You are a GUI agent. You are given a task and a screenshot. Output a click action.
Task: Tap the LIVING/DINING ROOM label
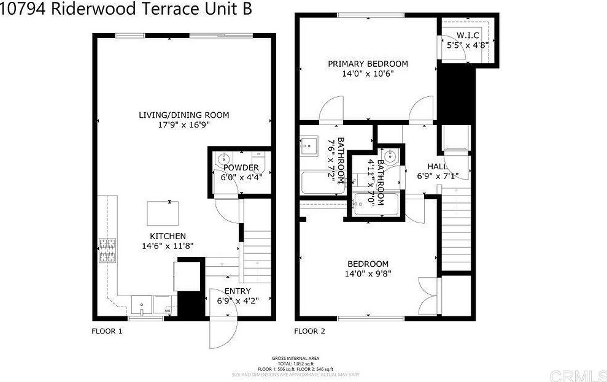[x=183, y=115]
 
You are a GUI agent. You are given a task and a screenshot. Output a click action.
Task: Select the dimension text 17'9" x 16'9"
[x=183, y=125]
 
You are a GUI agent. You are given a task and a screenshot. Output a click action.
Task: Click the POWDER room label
[x=236, y=167]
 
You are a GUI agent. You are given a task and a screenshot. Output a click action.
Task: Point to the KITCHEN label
[x=168, y=236]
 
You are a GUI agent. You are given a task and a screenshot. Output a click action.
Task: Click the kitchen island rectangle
[x=163, y=214]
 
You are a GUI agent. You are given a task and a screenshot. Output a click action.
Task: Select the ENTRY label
[x=237, y=291]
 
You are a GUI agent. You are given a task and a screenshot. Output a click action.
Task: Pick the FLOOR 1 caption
[x=107, y=331]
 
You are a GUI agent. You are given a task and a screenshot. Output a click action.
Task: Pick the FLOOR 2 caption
[x=309, y=331]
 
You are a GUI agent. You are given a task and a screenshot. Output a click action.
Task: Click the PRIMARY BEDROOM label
[x=367, y=64]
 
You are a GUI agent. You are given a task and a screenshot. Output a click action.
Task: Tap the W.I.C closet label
[x=467, y=36]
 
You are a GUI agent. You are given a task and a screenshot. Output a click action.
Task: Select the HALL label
[x=438, y=167]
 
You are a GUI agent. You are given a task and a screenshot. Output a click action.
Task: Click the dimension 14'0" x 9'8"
[x=367, y=274]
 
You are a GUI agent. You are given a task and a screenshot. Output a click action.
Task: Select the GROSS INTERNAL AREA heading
[x=295, y=358]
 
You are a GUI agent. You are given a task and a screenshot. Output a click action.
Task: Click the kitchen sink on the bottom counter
[x=142, y=304]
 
